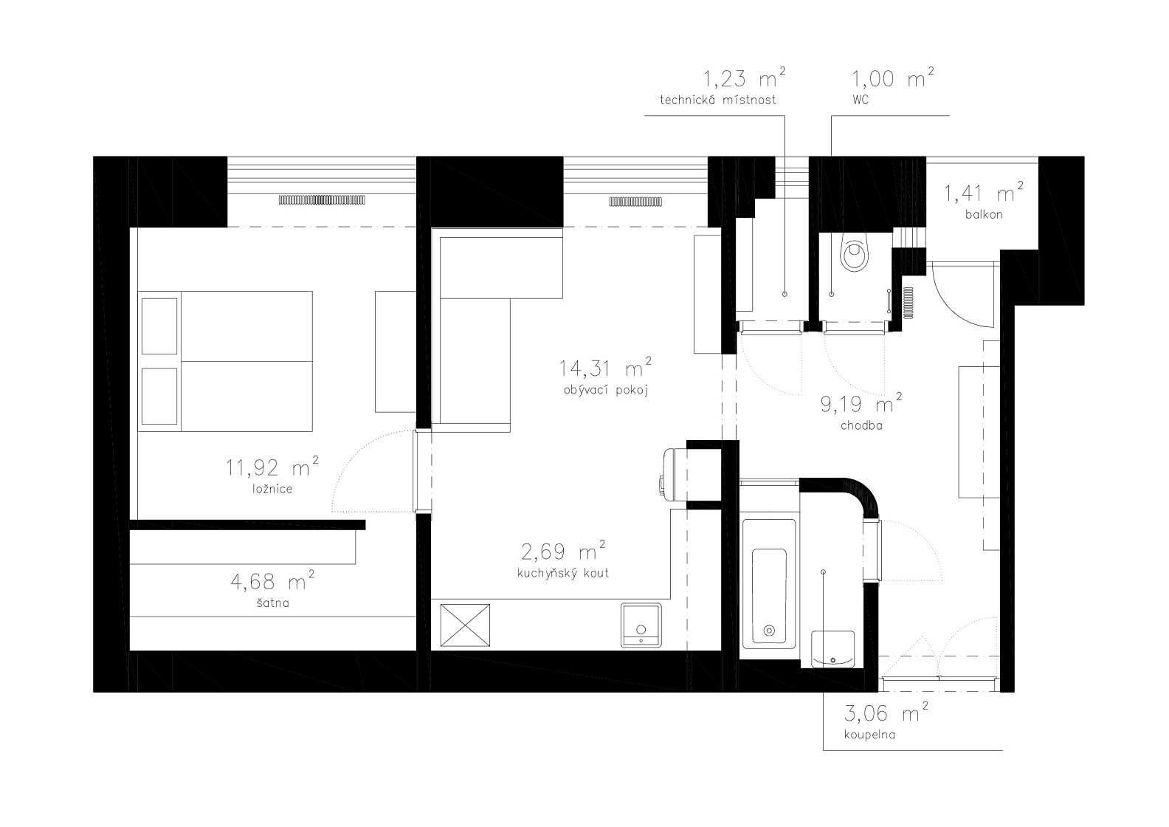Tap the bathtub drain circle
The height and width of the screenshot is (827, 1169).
point(769,631)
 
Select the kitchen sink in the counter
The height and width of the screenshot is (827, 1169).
point(641,625)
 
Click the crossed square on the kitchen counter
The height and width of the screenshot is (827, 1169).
point(465,625)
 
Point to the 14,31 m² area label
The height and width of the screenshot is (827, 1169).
point(605,368)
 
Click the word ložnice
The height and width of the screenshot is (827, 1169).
point(272,490)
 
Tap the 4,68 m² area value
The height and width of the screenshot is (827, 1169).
point(272,580)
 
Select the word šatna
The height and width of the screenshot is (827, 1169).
point(272,603)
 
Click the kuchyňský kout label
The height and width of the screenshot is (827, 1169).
point(563,573)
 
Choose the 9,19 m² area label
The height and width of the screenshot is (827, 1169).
point(861,404)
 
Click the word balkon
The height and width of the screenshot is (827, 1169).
point(984,214)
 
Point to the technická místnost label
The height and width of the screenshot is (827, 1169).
point(717,100)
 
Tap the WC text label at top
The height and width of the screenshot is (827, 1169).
point(861,100)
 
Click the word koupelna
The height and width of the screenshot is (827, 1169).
point(869,735)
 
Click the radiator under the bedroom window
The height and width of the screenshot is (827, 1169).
point(322,200)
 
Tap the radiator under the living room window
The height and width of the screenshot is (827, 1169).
point(635,202)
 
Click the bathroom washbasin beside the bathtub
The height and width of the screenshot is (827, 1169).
point(833,649)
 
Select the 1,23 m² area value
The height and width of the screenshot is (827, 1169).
point(744,78)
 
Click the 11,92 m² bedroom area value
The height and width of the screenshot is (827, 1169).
point(272,467)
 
